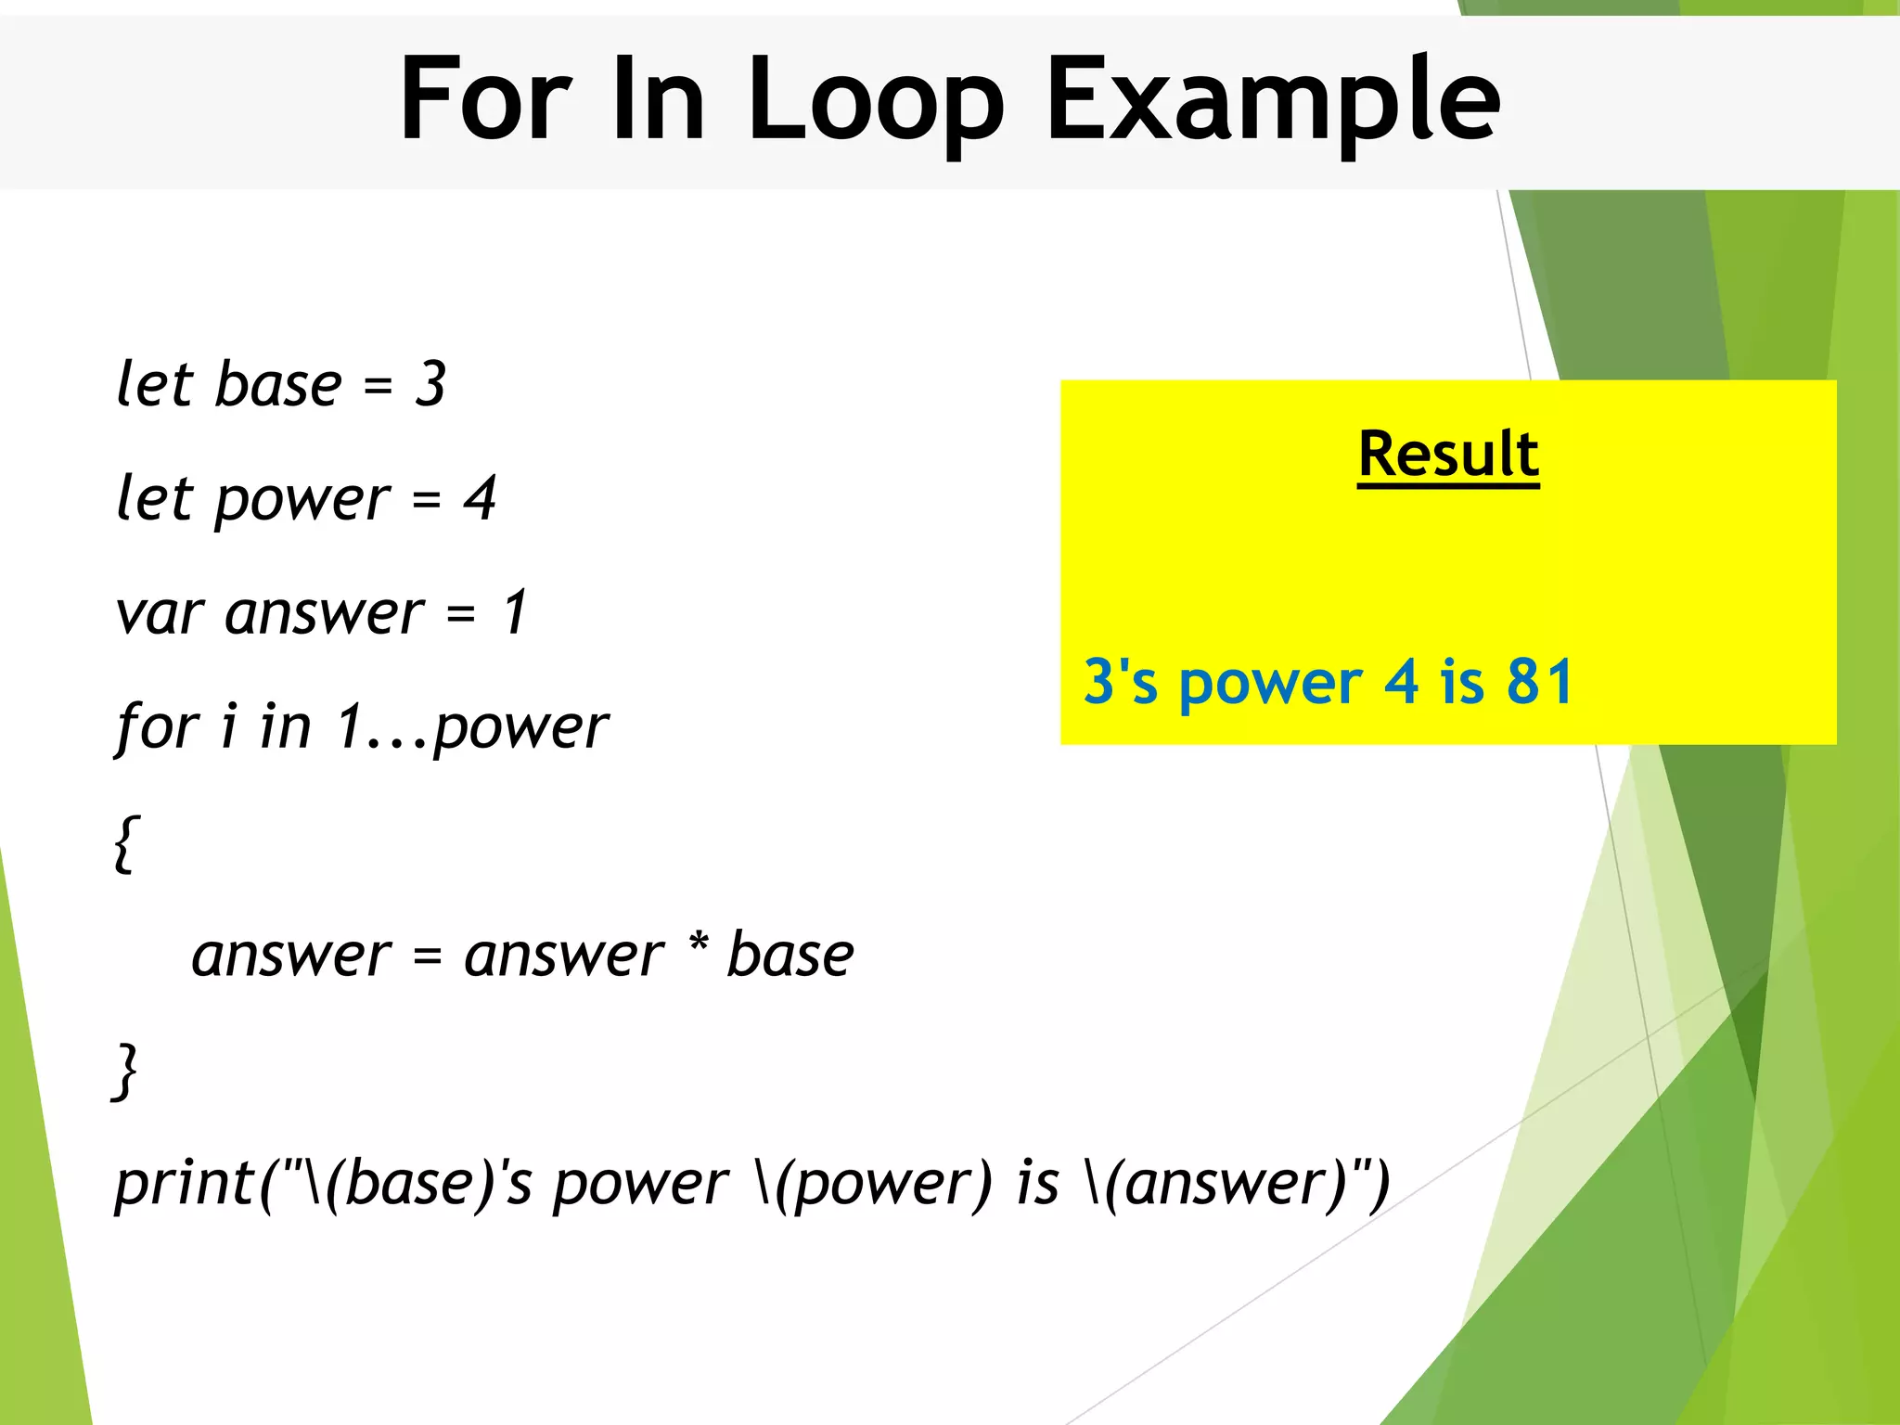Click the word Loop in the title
pyautogui.click(x=875, y=100)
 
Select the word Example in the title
pyautogui.click(x=1273, y=100)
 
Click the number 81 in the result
pyautogui.click(x=1540, y=682)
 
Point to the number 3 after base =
pyautogui.click(x=430, y=383)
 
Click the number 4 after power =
pyautogui.click(x=480, y=498)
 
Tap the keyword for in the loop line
pyautogui.click(x=158, y=726)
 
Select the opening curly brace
pyautogui.click(x=126, y=843)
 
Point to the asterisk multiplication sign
pyautogui.click(x=699, y=944)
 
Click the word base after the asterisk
pyautogui.click(x=790, y=955)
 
